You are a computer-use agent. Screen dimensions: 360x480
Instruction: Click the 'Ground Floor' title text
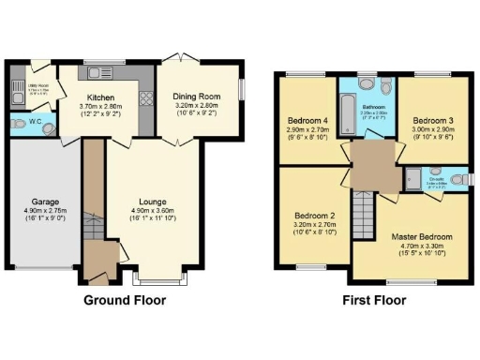click(x=125, y=301)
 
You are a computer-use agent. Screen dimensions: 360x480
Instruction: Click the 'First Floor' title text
click(x=374, y=301)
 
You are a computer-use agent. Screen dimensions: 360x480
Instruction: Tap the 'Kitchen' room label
click(x=101, y=97)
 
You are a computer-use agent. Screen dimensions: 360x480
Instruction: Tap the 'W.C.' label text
click(x=34, y=123)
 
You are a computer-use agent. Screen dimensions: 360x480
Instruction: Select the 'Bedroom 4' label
click(x=306, y=121)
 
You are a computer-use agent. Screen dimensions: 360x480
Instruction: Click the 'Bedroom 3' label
click(x=433, y=121)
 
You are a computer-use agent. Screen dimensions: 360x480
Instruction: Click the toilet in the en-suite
click(x=457, y=178)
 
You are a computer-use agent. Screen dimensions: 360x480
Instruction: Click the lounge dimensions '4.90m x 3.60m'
click(x=152, y=210)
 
